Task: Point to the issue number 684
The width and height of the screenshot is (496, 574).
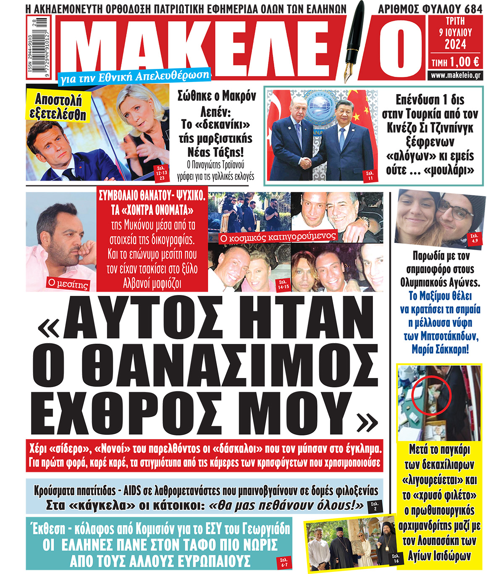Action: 473,9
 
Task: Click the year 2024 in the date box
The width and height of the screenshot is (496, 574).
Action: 455,44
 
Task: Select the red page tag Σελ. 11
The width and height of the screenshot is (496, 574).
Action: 370,175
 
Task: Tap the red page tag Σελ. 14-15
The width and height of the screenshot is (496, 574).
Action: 283,284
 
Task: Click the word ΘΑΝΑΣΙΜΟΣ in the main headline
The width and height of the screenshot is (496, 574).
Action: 206,363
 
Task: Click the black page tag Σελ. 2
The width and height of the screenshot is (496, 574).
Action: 375,506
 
